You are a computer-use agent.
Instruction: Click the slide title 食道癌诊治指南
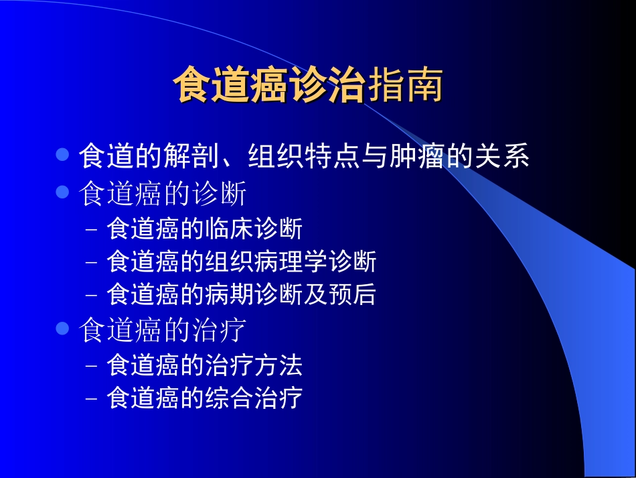pyautogui.click(x=308, y=86)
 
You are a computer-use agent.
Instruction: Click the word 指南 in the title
pyautogui.click(x=404, y=86)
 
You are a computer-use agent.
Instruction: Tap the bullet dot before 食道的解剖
pyautogui.click(x=62, y=156)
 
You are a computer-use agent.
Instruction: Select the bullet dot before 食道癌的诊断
pyautogui.click(x=62, y=193)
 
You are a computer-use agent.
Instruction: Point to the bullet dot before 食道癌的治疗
pyautogui.click(x=62, y=329)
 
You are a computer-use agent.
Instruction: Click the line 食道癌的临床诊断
pyautogui.click(x=204, y=229)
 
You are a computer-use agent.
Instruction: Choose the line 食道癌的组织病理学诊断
pyautogui.click(x=241, y=262)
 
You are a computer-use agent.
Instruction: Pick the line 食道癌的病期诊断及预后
pyautogui.click(x=241, y=295)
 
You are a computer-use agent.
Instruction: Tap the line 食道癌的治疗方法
pyautogui.click(x=204, y=365)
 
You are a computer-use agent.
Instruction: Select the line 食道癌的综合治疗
pyautogui.click(x=204, y=398)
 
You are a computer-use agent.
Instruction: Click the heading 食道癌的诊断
pyautogui.click(x=163, y=194)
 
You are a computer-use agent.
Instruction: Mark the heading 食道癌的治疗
pyautogui.click(x=163, y=331)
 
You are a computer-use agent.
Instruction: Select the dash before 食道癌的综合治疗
pyautogui.click(x=92, y=399)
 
